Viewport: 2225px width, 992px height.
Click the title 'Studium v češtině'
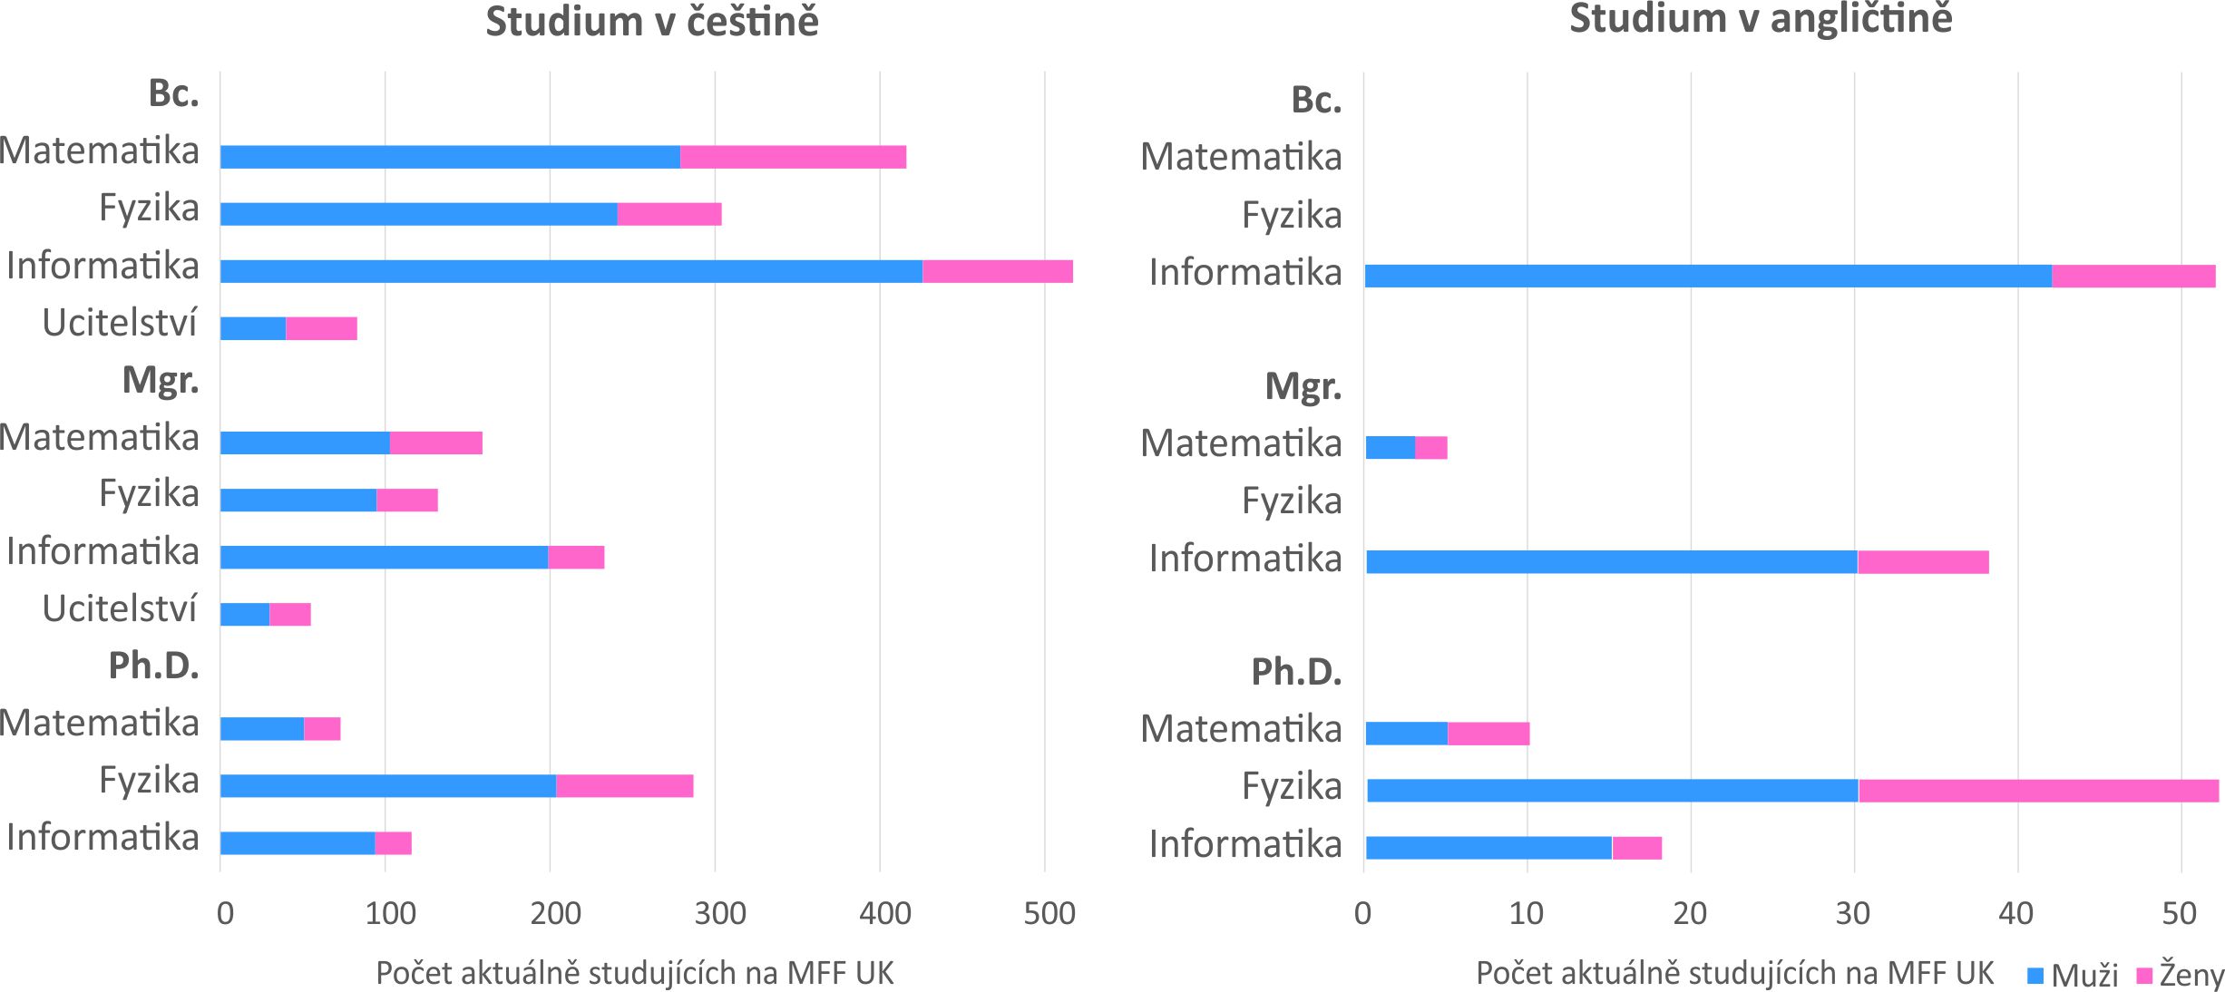[651, 22]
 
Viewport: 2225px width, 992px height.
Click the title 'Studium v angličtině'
[1761, 19]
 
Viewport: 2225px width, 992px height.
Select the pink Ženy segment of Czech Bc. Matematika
[793, 157]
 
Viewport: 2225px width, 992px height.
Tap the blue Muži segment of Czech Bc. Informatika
[571, 271]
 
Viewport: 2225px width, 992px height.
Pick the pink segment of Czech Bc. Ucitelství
[321, 328]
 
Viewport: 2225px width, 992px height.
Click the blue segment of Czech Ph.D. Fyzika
[387, 786]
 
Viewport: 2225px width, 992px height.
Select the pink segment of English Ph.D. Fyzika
[2038, 791]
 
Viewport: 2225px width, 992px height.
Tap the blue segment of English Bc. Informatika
[1708, 276]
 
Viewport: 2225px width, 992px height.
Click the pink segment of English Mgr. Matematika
[1430, 447]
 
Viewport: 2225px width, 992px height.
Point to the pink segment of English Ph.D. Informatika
[1636, 848]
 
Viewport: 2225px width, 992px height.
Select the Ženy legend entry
[2181, 976]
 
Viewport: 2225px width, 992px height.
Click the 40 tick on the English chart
[2016, 913]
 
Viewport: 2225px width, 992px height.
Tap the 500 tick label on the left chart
[1049, 913]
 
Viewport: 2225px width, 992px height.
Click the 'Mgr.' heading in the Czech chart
[161, 380]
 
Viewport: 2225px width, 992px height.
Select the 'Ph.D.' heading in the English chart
[1295, 672]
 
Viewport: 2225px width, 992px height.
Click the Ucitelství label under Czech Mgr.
[120, 608]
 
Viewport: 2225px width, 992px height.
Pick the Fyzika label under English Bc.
[1291, 216]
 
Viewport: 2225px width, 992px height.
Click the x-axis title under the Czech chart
[634, 973]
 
